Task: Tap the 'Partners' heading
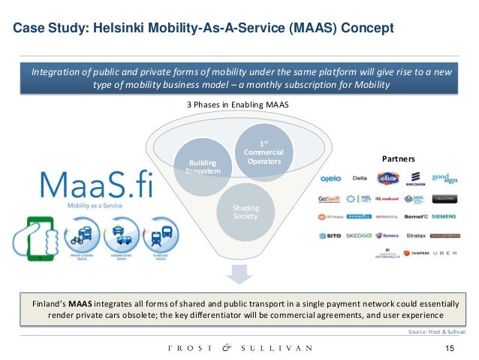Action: [399, 159]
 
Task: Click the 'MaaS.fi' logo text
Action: [94, 186]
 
